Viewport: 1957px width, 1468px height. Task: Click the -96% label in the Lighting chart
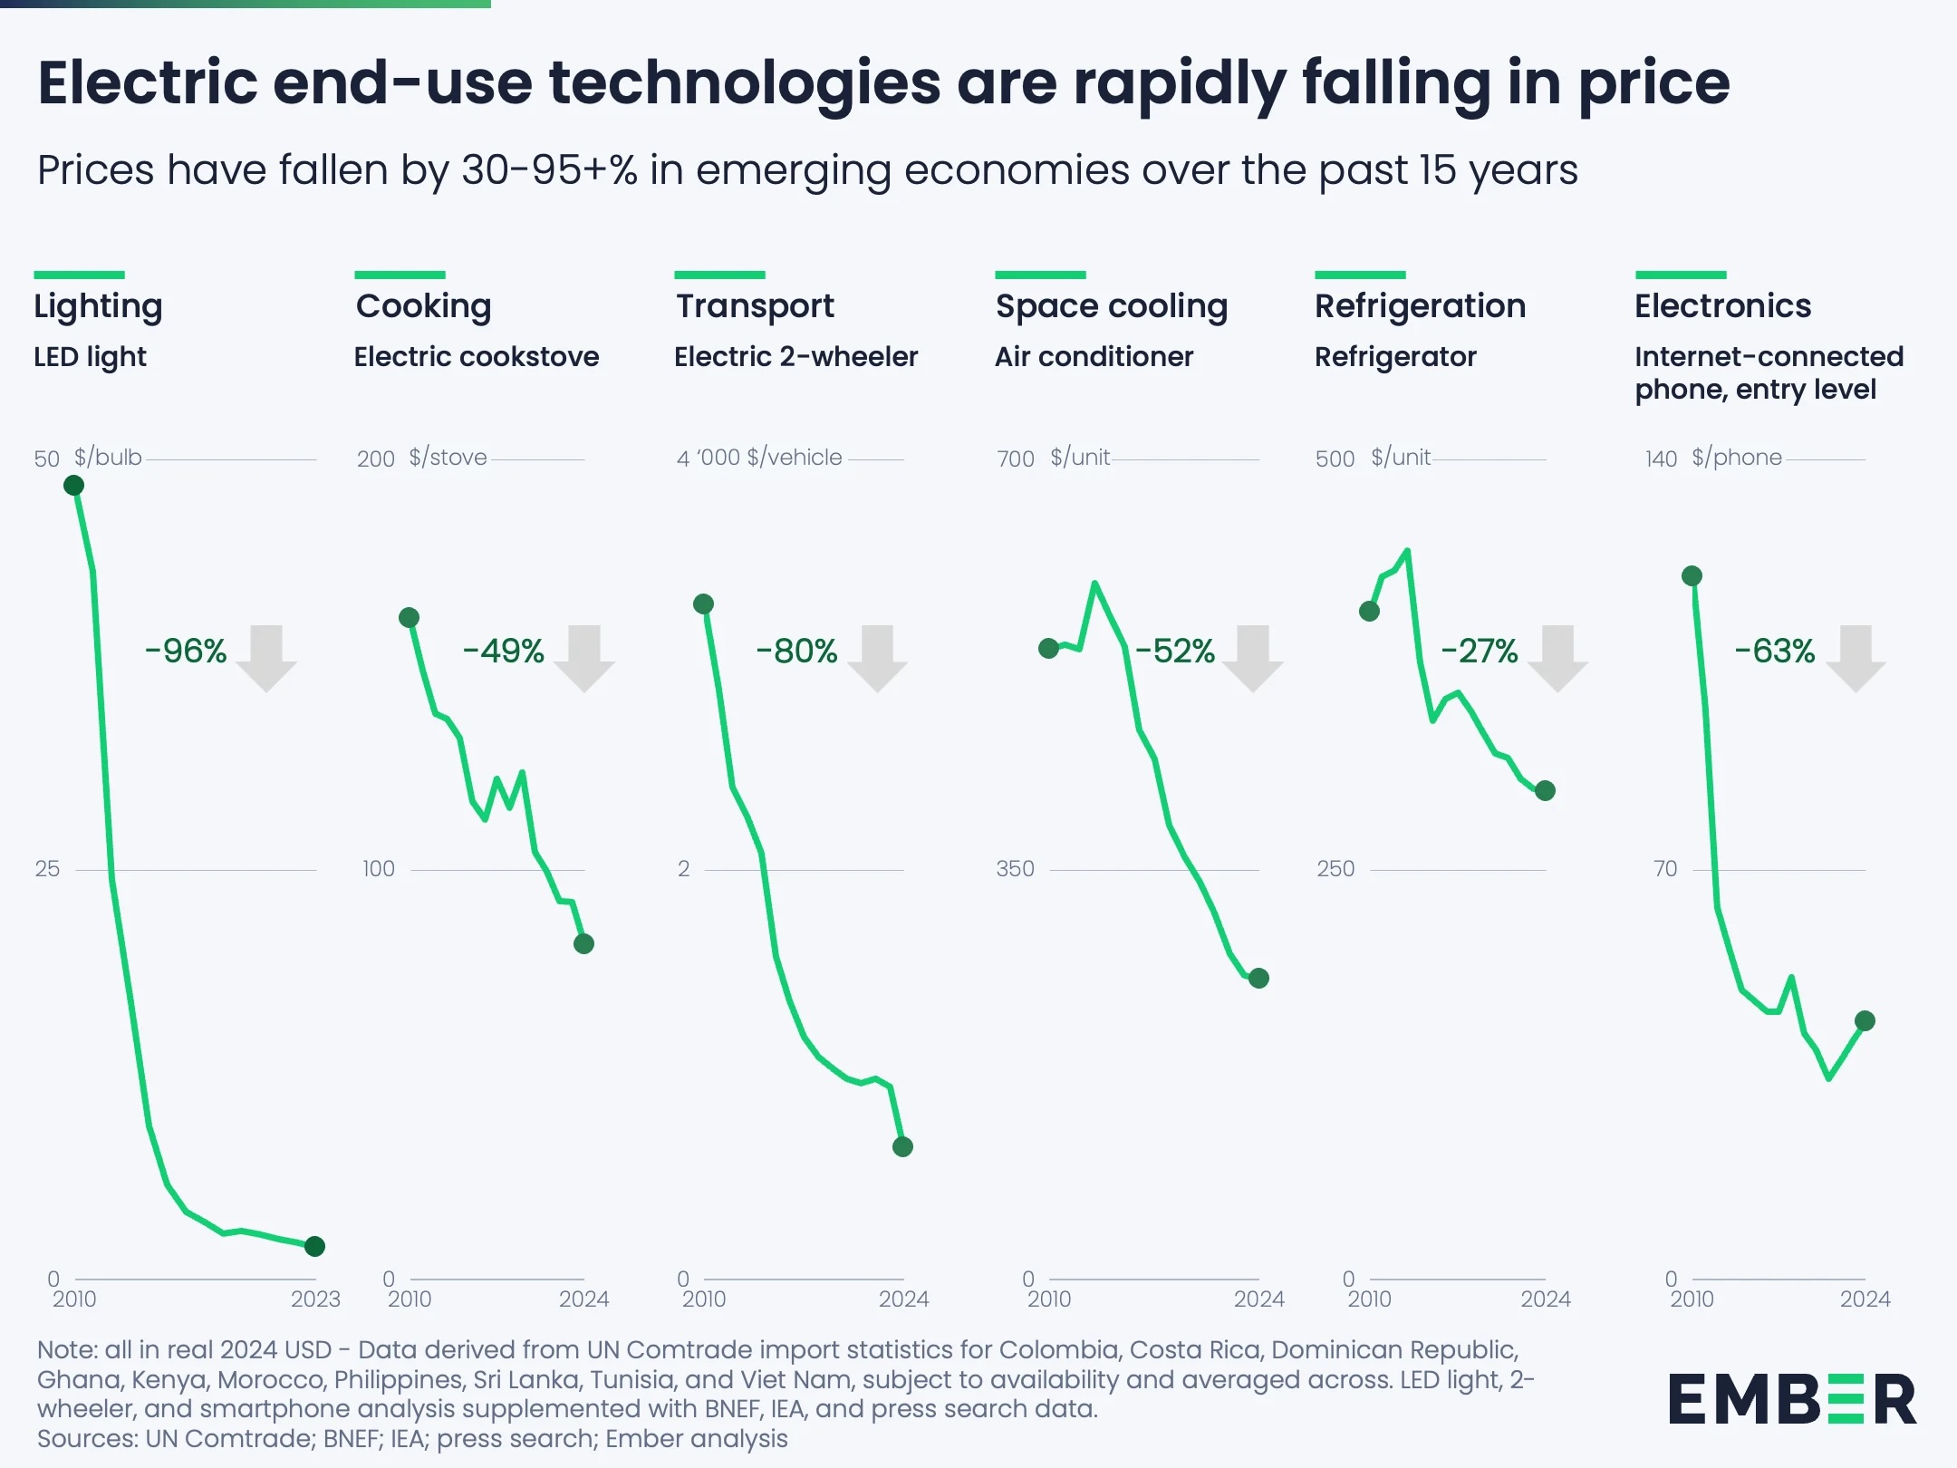point(186,651)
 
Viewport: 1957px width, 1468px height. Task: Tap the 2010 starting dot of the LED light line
point(74,486)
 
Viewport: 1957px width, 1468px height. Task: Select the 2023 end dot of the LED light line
point(314,1246)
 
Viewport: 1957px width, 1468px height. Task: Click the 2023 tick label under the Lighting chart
point(314,1299)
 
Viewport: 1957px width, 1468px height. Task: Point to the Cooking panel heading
point(423,306)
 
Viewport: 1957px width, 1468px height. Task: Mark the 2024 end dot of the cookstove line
point(583,944)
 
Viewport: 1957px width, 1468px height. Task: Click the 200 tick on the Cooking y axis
point(375,459)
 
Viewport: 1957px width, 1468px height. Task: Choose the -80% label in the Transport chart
point(796,651)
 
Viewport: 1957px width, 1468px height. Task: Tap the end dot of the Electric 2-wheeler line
point(902,1147)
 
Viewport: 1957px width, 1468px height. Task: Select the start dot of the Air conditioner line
point(1048,649)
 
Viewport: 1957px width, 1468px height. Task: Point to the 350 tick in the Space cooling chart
point(1015,869)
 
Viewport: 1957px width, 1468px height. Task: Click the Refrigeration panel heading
point(1420,306)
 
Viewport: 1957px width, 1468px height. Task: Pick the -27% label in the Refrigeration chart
point(1479,651)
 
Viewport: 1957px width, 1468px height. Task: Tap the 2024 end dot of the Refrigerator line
point(1546,791)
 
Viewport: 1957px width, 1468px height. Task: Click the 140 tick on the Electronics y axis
point(1661,459)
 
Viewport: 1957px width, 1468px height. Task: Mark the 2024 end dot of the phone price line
point(1865,1021)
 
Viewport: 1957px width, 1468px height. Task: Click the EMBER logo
point(1792,1399)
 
